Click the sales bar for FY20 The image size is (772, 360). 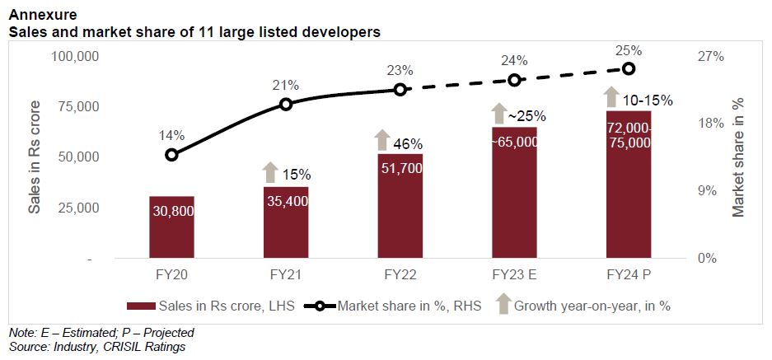171,227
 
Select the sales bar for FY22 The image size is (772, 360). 400,206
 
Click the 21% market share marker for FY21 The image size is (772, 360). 286,104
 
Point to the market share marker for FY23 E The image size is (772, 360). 514,80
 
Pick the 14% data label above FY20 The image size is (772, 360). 172,135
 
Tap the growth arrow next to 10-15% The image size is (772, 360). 611,97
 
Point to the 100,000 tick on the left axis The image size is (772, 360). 75,57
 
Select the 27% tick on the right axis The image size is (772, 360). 710,57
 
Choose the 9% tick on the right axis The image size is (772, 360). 707,191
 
